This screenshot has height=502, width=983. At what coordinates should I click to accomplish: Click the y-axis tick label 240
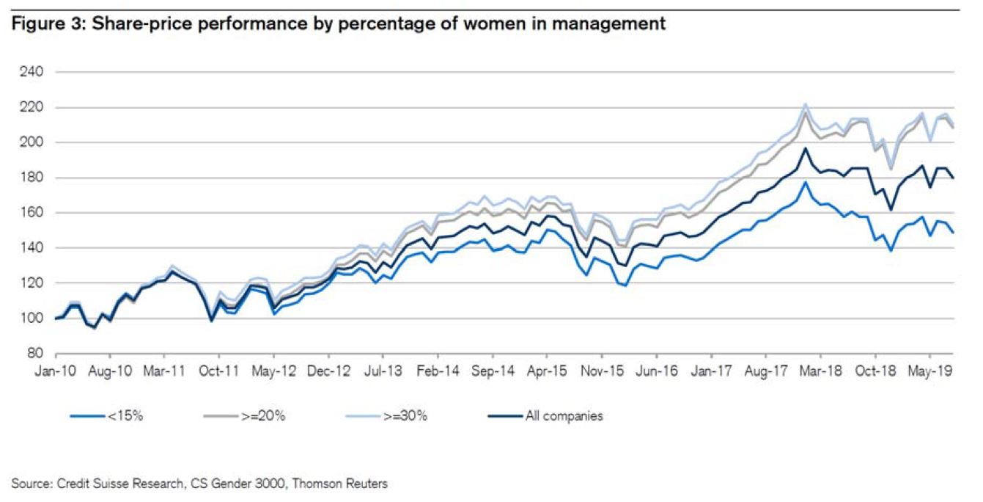tap(34, 73)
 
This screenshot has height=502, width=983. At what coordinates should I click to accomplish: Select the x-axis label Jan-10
tap(56, 372)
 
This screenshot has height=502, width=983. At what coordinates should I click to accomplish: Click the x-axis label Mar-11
tap(164, 372)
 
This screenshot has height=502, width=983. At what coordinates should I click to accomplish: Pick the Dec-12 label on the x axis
tap(330, 372)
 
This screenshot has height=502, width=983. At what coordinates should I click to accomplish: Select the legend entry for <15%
tap(123, 416)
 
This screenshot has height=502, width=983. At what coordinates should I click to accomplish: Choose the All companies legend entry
tap(564, 416)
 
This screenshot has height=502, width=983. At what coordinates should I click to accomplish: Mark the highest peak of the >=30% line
tap(805, 104)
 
